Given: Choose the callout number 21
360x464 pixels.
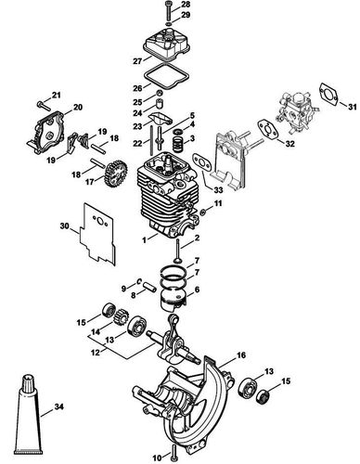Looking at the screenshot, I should [57, 96].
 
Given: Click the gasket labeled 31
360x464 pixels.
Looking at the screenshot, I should [328, 90].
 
